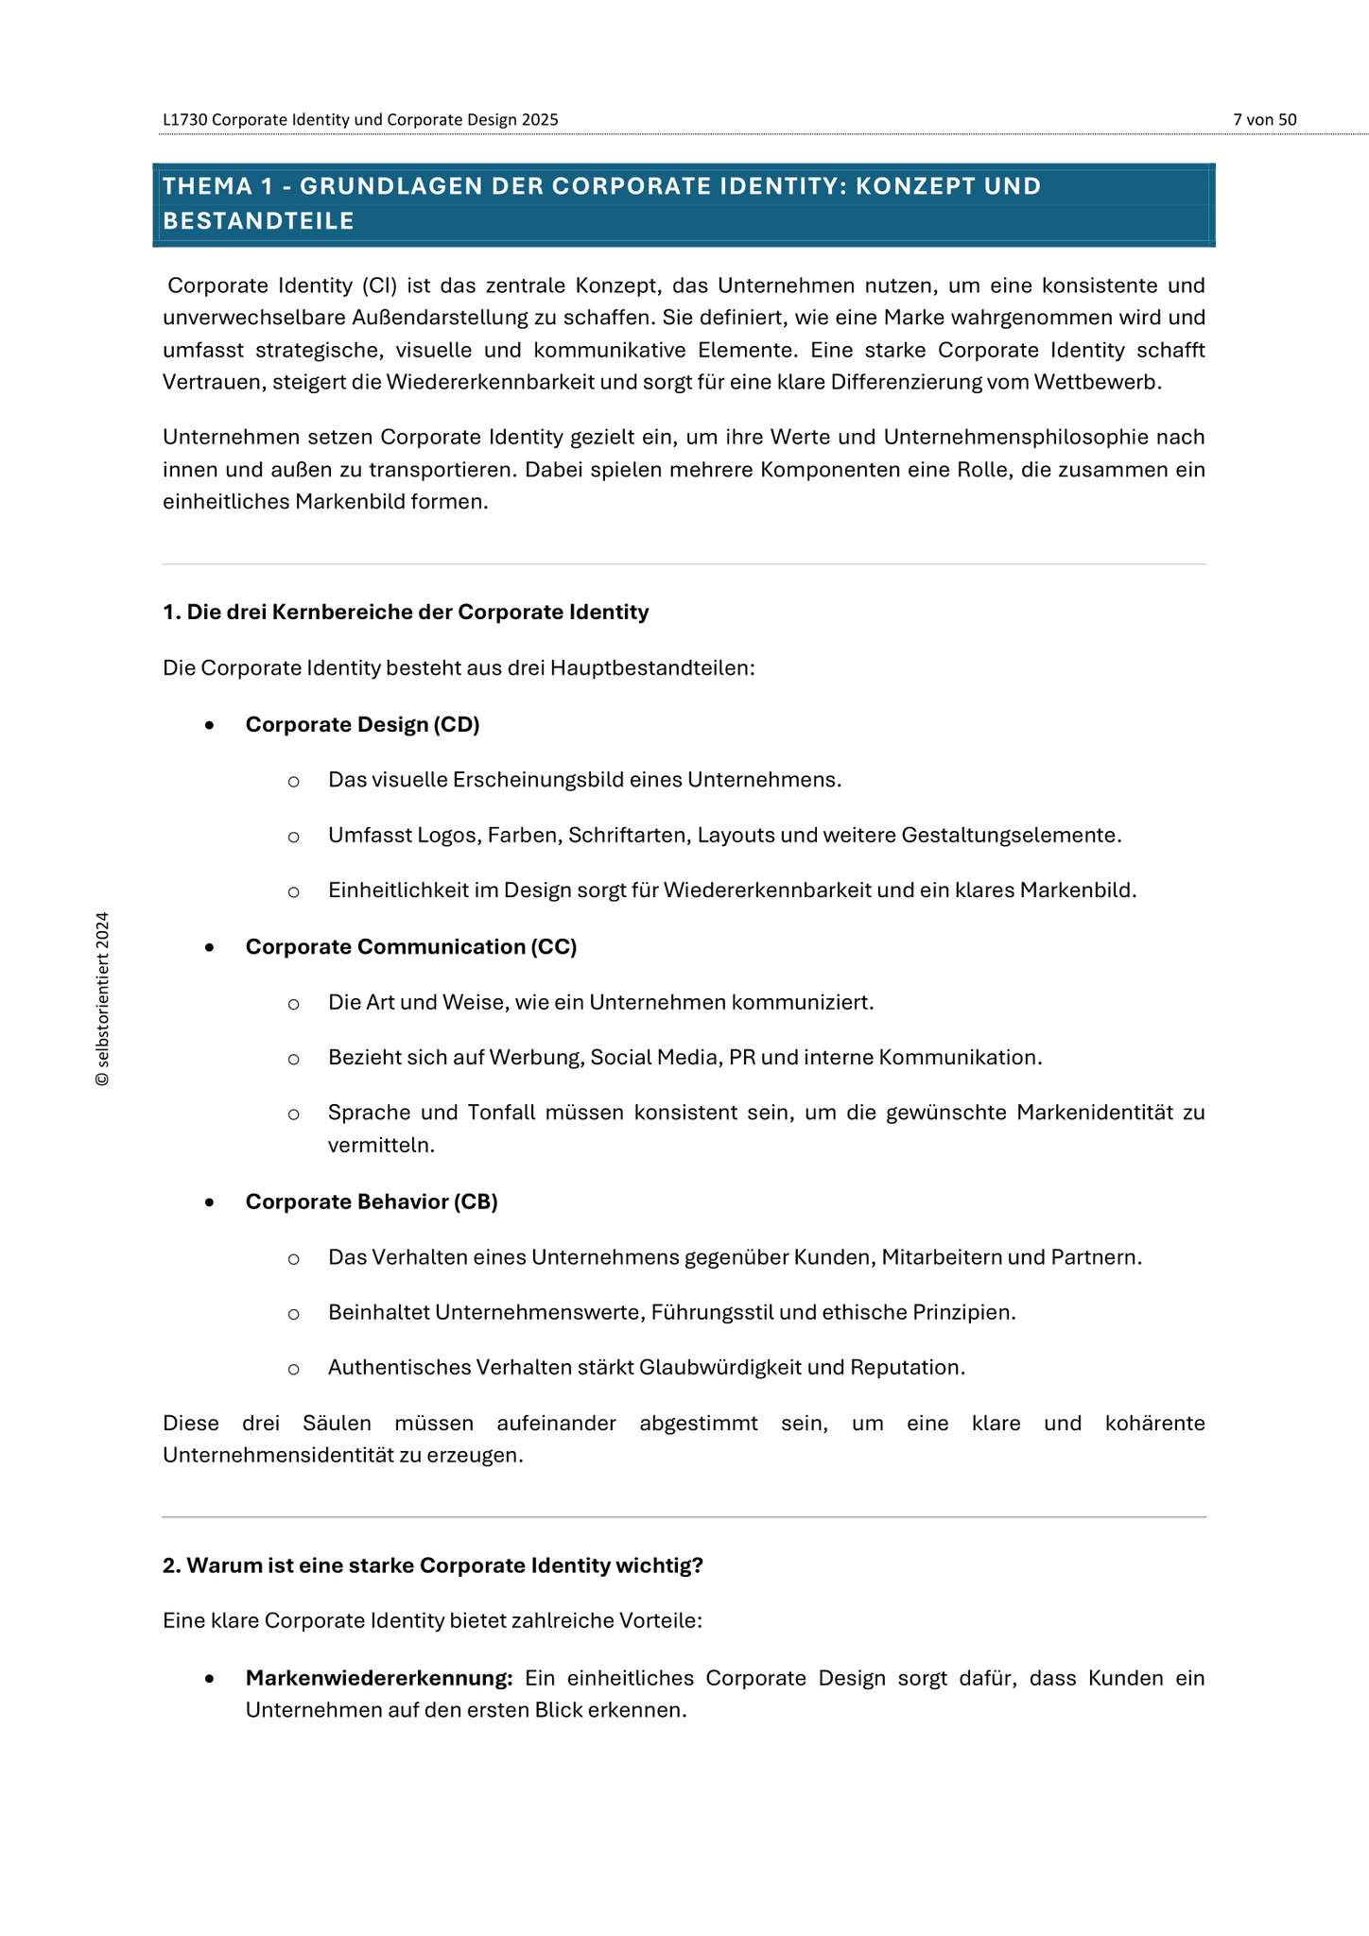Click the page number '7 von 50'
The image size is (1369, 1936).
(x=1264, y=120)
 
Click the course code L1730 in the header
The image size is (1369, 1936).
(x=185, y=120)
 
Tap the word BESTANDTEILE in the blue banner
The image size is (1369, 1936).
(x=258, y=221)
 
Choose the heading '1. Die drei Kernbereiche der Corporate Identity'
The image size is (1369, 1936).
(x=406, y=613)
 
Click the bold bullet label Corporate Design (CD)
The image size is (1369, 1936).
(x=362, y=725)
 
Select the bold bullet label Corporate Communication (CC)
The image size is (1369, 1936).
(x=410, y=947)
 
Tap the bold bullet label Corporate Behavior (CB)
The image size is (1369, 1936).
(x=371, y=1202)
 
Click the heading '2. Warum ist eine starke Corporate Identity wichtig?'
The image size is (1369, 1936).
(x=432, y=1566)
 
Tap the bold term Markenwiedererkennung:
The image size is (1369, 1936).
(x=378, y=1679)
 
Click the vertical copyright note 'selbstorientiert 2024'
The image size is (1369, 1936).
(x=103, y=998)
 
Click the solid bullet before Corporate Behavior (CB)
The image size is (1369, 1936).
(x=210, y=1203)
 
